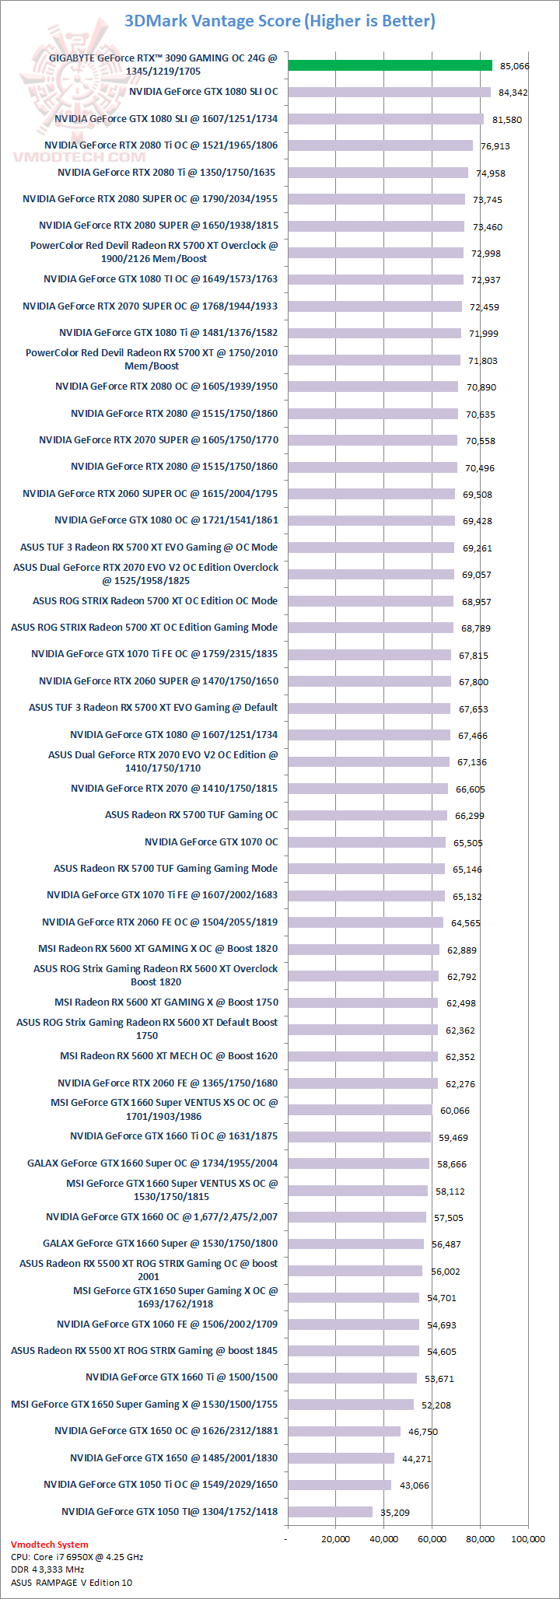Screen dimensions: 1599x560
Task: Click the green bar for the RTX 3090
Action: point(390,65)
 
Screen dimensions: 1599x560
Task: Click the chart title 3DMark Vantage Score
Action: point(280,21)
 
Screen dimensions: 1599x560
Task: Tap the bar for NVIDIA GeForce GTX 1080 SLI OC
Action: point(389,93)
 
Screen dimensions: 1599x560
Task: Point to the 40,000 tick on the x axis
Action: point(383,1539)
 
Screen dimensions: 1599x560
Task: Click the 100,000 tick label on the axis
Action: point(528,1539)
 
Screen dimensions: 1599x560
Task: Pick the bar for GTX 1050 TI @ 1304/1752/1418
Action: point(330,1512)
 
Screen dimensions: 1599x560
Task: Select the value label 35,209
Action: point(395,1513)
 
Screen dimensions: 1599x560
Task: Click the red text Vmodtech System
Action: point(50,1545)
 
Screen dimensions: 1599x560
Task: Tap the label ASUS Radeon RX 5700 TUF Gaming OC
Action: point(191,815)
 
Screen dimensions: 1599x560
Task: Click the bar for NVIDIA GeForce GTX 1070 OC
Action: point(366,842)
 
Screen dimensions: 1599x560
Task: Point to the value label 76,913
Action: point(495,146)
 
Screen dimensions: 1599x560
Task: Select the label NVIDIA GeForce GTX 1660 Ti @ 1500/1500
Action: point(181,1377)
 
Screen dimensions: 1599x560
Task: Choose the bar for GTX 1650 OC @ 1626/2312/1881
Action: point(344,1431)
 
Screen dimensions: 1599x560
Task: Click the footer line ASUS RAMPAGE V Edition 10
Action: point(72,1583)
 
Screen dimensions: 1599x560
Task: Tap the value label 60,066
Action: point(455,1111)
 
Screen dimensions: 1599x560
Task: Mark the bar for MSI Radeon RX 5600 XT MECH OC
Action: point(362,1056)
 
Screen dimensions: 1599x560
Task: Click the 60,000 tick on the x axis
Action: point(432,1539)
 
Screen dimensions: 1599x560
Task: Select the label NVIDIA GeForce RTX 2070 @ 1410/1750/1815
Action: point(174,789)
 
